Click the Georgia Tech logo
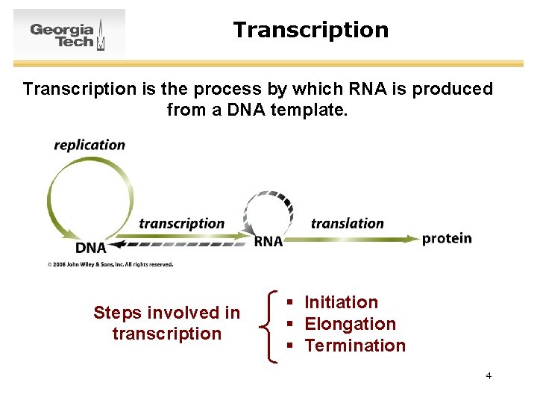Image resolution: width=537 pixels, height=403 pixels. coord(69,34)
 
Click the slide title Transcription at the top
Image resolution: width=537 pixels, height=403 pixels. coord(310,30)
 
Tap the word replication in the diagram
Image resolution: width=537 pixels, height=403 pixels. coord(89,145)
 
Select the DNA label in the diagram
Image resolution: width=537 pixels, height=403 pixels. coord(91,247)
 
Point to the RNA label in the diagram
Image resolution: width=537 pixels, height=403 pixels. coord(268,241)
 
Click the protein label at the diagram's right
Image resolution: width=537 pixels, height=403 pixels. coord(447,238)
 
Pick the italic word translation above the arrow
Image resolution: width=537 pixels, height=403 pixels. coord(347,223)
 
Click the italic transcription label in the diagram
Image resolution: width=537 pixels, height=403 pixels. coord(181,223)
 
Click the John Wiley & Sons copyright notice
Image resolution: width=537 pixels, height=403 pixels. coord(110,264)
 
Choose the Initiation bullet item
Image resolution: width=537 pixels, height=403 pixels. coord(341,302)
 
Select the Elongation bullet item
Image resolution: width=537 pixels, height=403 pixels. coord(350,324)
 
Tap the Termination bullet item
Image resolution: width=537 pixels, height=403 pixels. coord(355,346)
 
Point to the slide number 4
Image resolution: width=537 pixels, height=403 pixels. coord(489,375)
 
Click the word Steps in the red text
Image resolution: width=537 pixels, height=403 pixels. coord(118,313)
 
